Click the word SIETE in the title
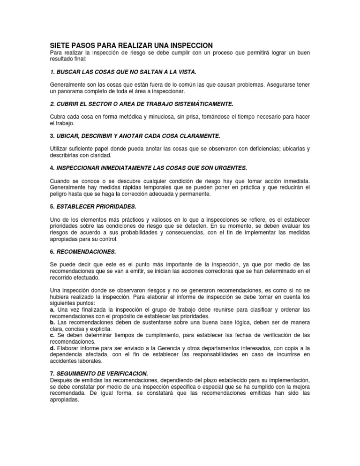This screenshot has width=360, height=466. pyautogui.click(x=61, y=45)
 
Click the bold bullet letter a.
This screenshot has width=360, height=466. pyautogui.click(x=52, y=310)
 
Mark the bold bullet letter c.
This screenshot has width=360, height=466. pyautogui.click(x=52, y=335)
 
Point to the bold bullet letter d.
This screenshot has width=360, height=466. pyautogui.click(x=52, y=348)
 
